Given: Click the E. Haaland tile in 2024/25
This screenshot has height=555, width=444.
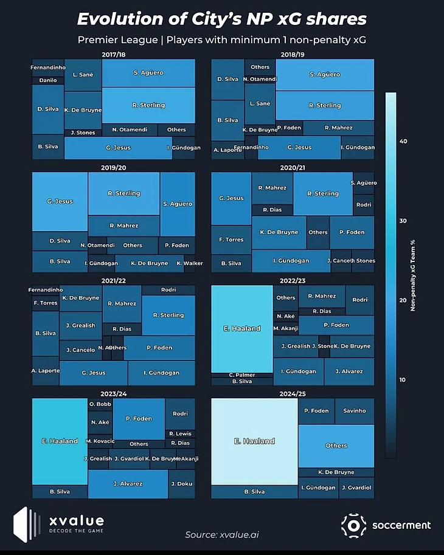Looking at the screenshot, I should point(254,441).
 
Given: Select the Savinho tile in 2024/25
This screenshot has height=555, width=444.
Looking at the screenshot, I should point(355,411).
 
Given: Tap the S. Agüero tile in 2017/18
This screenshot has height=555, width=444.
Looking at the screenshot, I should point(148,73).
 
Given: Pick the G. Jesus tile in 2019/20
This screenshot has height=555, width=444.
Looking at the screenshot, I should point(60,201).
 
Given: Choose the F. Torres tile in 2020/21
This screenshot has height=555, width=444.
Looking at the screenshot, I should point(231,240).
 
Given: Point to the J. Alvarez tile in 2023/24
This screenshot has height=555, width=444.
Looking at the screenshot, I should point(128,484).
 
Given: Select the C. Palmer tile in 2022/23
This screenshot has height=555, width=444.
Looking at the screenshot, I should point(242,375).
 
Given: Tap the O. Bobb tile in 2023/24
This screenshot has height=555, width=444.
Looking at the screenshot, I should point(100,404).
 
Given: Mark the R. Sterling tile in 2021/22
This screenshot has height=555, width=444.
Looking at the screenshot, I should point(168,315).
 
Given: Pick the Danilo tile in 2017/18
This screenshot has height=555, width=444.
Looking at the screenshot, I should point(47,80).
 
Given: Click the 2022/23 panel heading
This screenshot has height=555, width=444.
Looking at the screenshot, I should point(293,281).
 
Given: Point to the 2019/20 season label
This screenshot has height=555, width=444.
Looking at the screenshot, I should point(113,168).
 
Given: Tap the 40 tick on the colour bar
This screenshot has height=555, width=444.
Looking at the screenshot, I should point(403,142).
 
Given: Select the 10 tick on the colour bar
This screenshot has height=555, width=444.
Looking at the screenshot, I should point(403,380).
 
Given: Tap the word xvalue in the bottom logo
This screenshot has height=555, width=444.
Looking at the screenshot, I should point(77,522).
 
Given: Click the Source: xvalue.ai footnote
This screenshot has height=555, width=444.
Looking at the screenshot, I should point(221,535).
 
